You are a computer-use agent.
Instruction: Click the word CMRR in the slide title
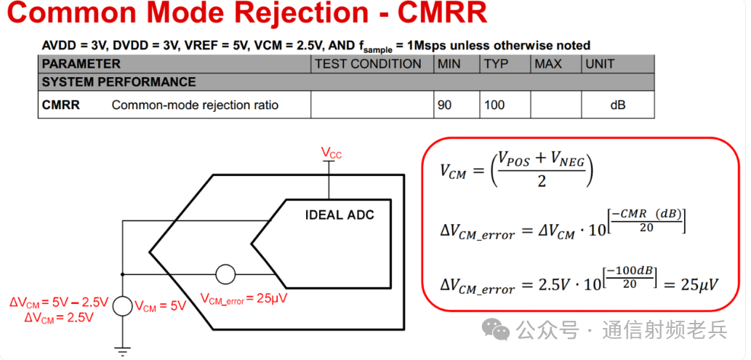pos(438,15)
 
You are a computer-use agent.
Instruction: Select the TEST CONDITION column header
pos(368,64)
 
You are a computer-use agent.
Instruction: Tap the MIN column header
pos(449,64)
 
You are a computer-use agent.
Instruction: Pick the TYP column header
pos(496,64)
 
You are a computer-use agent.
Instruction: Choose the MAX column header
pos(548,64)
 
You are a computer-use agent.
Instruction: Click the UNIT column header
pos(600,64)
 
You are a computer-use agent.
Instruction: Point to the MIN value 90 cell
pos(444,105)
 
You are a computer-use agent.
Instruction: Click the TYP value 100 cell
pos(494,105)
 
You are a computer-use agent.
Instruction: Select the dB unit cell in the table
pos(617,105)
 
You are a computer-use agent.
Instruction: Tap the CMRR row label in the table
pos(60,105)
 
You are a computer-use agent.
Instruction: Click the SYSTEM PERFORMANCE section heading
pos(119,82)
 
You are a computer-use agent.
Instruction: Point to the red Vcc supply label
pos(332,153)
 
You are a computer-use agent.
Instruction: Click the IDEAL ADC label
pos(340,215)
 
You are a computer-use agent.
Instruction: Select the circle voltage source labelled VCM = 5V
pos(123,305)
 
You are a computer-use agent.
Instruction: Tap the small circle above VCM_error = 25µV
pos(225,275)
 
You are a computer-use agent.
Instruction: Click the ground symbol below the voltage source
pos(123,350)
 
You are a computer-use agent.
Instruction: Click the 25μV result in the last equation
pos(699,284)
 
